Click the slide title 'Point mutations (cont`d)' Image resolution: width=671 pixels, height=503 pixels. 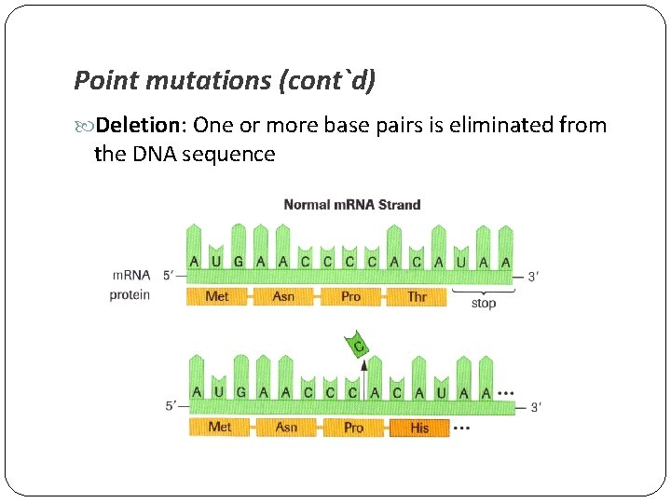tap(225, 81)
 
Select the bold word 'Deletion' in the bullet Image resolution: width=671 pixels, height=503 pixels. tap(135, 125)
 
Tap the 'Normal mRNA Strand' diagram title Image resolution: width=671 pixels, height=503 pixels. tap(351, 205)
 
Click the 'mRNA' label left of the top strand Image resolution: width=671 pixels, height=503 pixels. tap(131, 276)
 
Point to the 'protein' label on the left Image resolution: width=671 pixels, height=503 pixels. tap(130, 295)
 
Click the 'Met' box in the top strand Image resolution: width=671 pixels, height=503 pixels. tap(216, 296)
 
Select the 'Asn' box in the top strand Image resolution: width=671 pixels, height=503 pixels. tap(283, 296)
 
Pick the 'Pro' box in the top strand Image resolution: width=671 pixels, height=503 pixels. tap(350, 296)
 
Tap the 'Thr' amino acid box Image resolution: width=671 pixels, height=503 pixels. tap(417, 296)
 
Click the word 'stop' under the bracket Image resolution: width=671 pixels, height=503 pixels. tap(483, 304)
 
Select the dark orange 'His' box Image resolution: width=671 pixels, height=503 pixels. tap(419, 428)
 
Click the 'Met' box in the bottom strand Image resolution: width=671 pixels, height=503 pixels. tap(220, 427)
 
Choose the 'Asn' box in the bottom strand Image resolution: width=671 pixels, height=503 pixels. tap(286, 427)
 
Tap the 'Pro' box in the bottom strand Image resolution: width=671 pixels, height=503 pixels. tap(353, 427)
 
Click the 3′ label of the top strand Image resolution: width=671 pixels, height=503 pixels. tap(532, 277)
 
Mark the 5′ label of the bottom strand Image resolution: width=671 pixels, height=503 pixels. tap(171, 406)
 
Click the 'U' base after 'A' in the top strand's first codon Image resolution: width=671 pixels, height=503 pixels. tap(216, 262)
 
